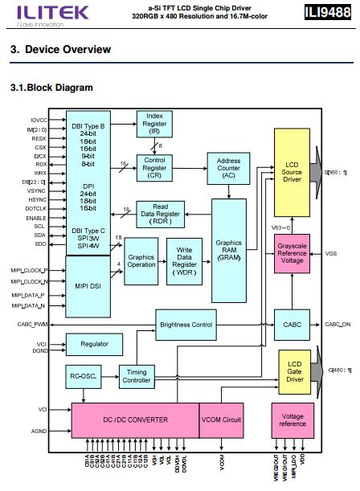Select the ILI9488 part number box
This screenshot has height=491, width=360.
pyautogui.click(x=328, y=12)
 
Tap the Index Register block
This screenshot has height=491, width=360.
pyautogui.click(x=154, y=124)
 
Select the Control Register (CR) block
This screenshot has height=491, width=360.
pyautogui.click(x=154, y=166)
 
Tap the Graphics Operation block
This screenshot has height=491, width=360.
pyautogui.click(x=141, y=261)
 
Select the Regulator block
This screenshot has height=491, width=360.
pyautogui.click(x=94, y=344)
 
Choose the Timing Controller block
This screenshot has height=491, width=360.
pyautogui.click(x=137, y=376)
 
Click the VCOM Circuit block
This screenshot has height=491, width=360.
pyautogui.click(x=220, y=420)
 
